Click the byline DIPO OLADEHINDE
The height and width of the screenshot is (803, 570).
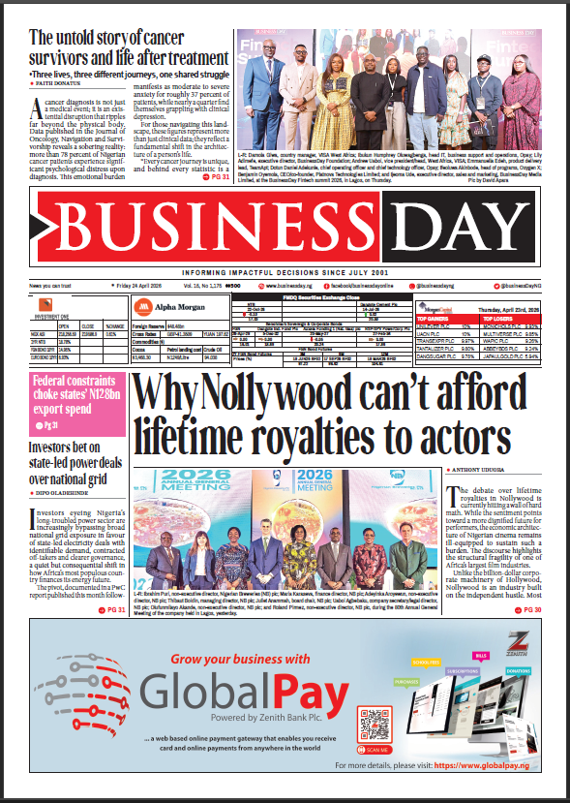point(66,486)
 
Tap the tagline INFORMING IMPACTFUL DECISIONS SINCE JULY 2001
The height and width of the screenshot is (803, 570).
point(285,272)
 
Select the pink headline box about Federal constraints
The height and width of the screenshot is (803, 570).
point(75,414)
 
